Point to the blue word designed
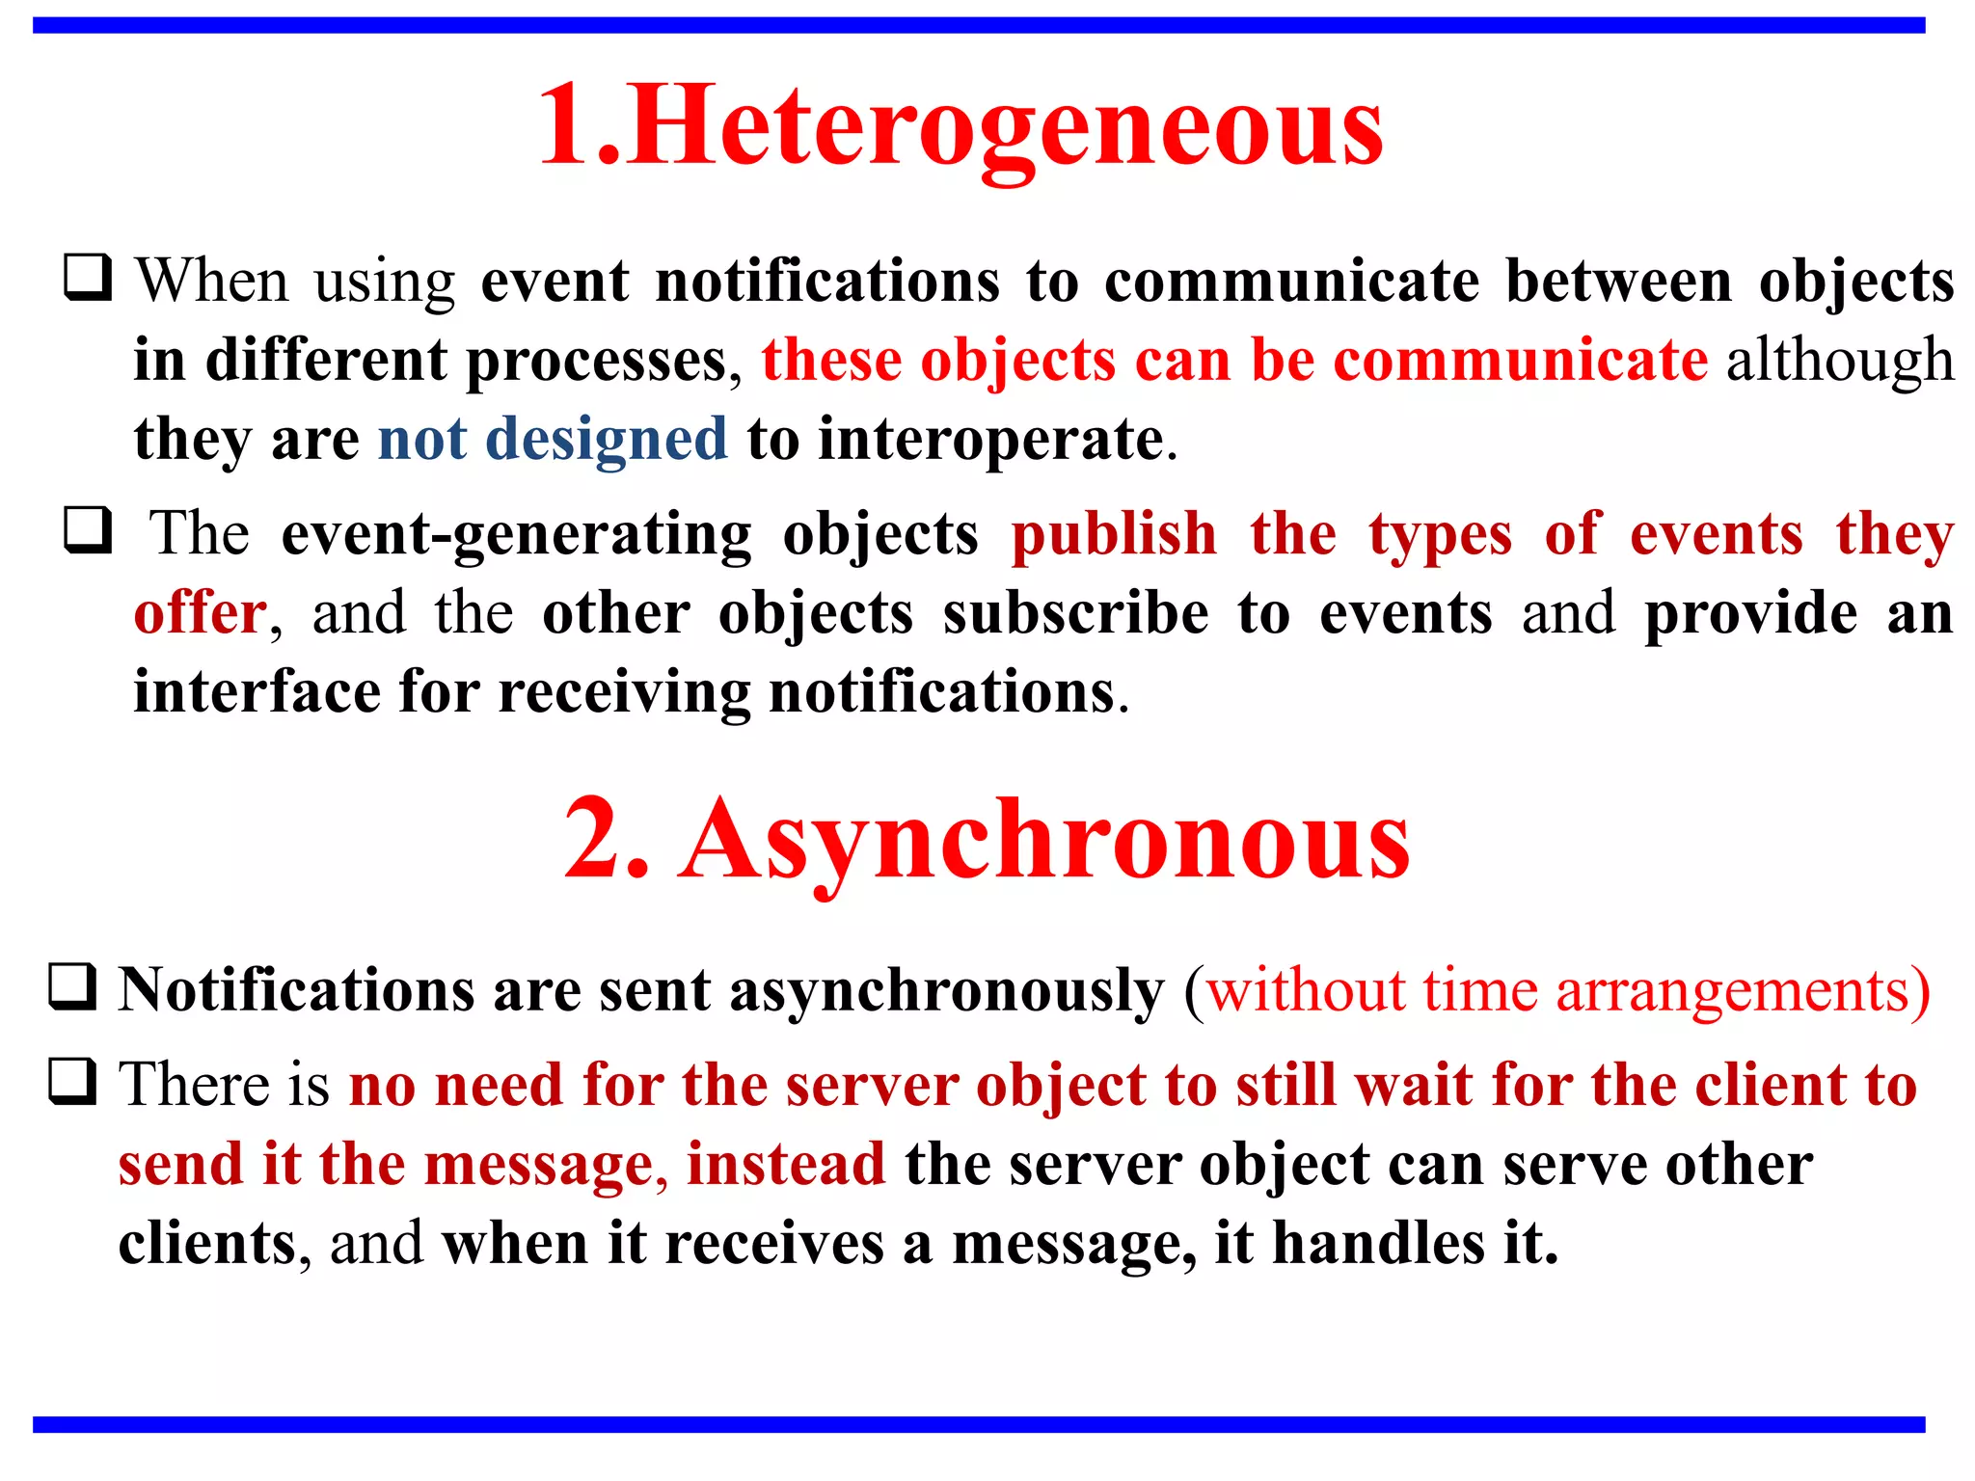click(607, 439)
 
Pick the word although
click(1840, 360)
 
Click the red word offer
click(201, 612)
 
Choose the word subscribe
click(1075, 612)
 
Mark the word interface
click(257, 691)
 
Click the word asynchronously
click(947, 990)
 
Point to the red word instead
click(786, 1164)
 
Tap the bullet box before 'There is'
click(72, 1081)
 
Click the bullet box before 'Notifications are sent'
click(72, 986)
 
